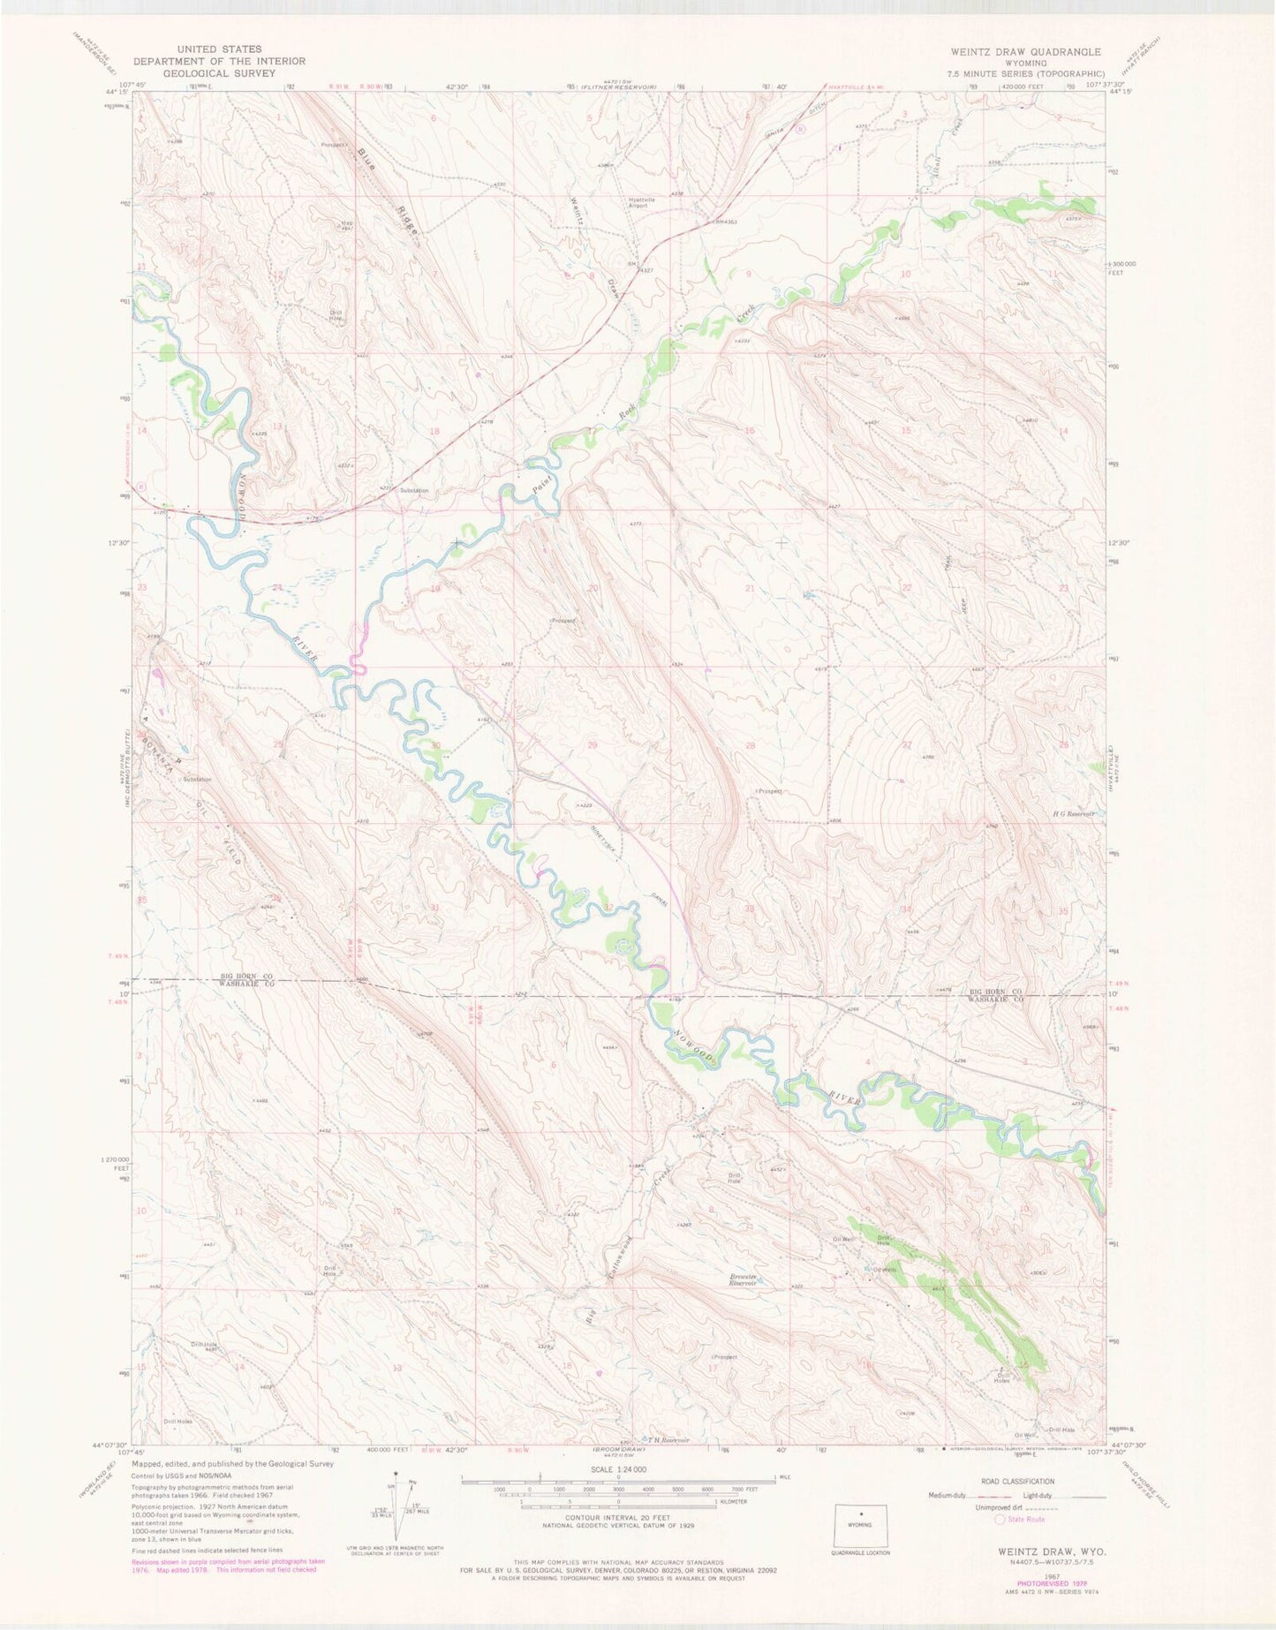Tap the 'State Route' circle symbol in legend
(1000, 1519)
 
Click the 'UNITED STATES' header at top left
(219, 49)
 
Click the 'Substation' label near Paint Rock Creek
(413, 491)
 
